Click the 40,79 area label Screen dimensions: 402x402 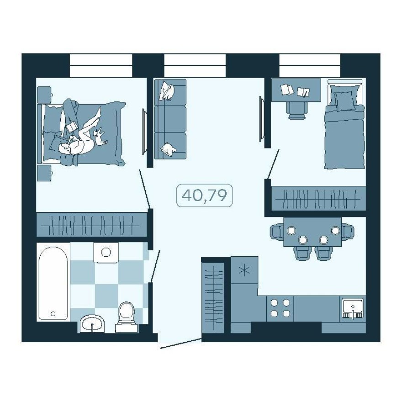[x=205, y=195]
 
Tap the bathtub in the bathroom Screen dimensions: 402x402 [x=53, y=283]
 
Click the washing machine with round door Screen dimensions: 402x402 [x=106, y=252]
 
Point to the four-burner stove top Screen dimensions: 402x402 [x=280, y=308]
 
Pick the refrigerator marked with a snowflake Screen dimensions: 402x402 [x=244, y=270]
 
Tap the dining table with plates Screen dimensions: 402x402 [x=312, y=231]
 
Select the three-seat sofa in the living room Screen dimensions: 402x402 [x=170, y=119]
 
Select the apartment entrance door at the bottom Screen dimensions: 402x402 [x=181, y=344]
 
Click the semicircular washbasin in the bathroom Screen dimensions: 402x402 [x=93, y=324]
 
